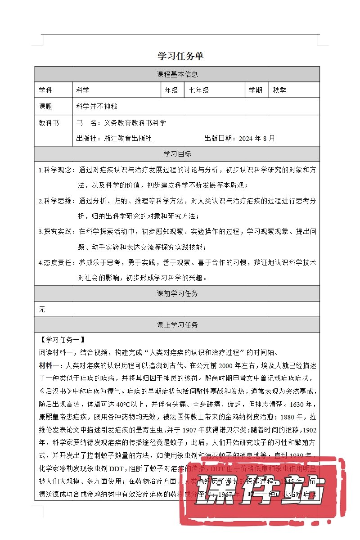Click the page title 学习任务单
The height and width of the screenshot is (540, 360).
pos(180,56)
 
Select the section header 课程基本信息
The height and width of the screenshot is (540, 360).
pos(177,74)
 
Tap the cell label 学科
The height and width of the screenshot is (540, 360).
pos(45,90)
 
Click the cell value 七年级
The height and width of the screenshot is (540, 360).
pos(199,90)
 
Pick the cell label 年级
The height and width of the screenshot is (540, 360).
pos(171,90)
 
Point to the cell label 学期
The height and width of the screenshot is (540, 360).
pos(256,90)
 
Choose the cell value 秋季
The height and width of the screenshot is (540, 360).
pos(279,90)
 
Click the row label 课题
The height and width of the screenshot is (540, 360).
pos(45,107)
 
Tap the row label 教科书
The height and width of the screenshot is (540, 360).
pos(49,122)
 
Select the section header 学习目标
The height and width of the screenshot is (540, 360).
pos(177,154)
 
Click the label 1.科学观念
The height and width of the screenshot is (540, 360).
pos(57,170)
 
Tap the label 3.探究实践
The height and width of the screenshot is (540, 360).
pos(57,232)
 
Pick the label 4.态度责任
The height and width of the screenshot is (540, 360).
pos(57,262)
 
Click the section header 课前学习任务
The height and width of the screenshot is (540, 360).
pos(177,294)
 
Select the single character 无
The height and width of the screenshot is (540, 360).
pos(42,310)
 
